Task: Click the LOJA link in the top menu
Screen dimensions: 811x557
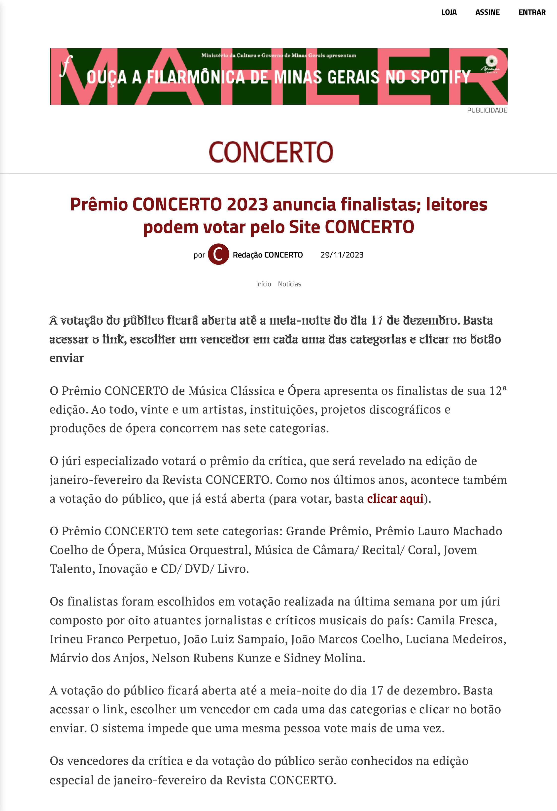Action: pos(449,12)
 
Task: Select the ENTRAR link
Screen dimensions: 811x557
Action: pos(532,12)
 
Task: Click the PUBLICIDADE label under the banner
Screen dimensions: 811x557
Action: pos(487,110)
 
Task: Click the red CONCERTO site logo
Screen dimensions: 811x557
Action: pos(271,152)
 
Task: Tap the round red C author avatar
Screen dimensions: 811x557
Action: pos(218,254)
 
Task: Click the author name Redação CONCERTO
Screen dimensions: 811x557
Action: pos(268,255)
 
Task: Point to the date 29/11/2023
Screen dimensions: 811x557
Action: pos(342,255)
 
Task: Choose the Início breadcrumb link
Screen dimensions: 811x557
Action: pos(263,284)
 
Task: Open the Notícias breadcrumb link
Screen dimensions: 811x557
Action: pos(289,284)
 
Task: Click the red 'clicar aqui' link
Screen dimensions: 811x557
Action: pos(395,499)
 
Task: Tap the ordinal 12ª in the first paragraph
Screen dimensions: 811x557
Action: pos(498,390)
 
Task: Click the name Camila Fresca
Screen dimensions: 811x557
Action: pos(456,620)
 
